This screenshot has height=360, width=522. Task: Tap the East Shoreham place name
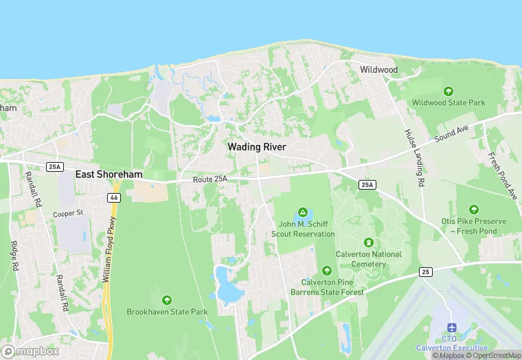109,175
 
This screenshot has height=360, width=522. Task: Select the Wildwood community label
378,70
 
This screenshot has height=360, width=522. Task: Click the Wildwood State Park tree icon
449,91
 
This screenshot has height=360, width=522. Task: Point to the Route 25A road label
210,179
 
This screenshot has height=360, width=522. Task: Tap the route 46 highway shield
112,197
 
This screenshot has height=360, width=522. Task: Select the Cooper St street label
68,214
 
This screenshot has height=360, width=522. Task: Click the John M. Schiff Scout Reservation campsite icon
302,212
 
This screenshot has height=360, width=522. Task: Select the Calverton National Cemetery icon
369,243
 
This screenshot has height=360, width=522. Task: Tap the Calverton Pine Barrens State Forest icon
327,270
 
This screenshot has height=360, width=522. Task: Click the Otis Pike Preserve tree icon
473,210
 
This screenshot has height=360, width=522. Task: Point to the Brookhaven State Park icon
167,300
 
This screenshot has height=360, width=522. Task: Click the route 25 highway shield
426,273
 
